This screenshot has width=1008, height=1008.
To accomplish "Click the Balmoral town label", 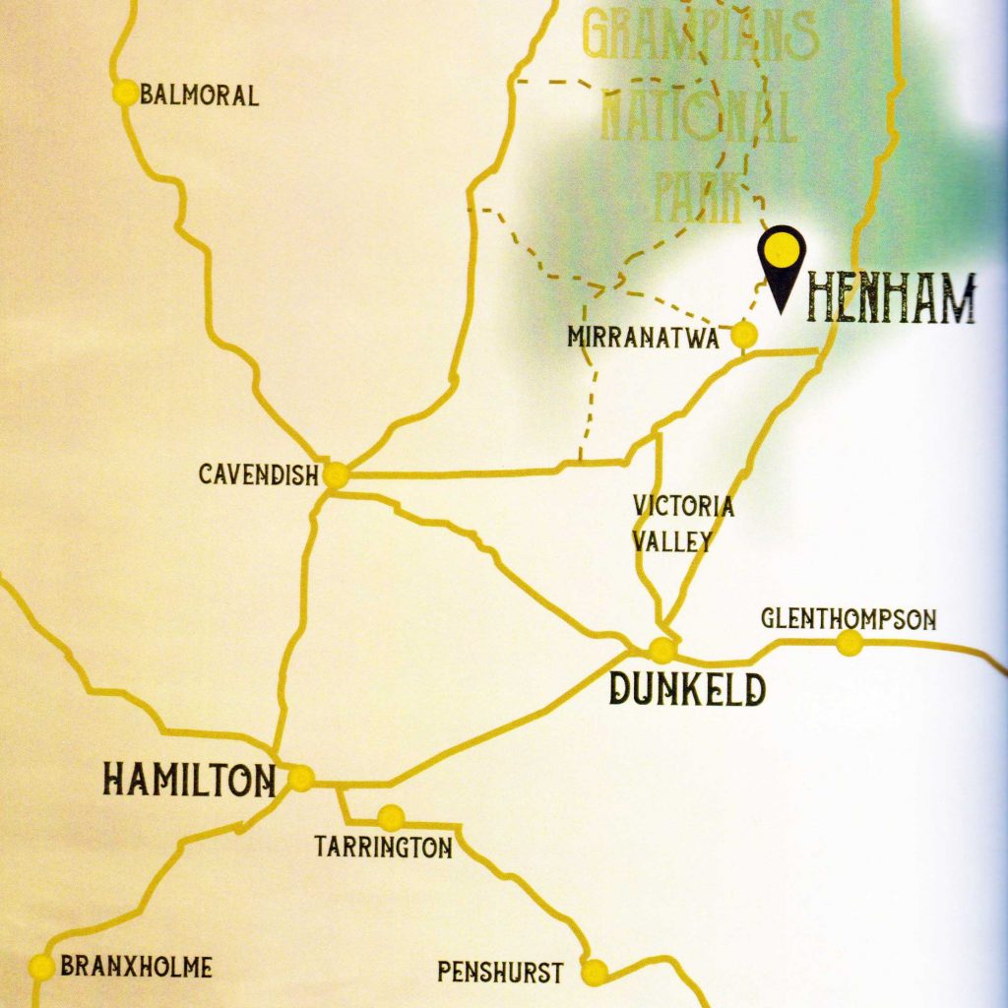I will [199, 95].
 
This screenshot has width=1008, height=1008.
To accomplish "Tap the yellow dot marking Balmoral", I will [126, 93].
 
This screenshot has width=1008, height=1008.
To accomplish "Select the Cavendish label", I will [259, 474].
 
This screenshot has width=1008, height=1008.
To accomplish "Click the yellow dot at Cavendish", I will [336, 475].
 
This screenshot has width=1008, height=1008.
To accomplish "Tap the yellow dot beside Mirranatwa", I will [745, 335].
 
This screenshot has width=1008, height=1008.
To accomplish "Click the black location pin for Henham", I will [782, 264].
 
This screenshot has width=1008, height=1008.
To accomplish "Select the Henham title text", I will [890, 300].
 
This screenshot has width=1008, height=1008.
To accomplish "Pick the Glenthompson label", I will [848, 619].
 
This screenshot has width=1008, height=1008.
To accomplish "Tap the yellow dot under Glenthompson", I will [849, 643].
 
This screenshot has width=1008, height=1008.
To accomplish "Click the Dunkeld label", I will [686, 688].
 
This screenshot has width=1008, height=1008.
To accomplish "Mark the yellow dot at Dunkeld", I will [662, 650].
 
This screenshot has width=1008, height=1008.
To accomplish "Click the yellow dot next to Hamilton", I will [300, 779].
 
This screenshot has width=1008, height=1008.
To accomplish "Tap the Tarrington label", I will [384, 847].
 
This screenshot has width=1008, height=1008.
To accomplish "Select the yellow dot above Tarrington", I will [391, 816].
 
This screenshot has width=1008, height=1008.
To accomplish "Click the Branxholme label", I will [136, 967].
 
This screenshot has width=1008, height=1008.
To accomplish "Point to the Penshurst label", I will [500, 974].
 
